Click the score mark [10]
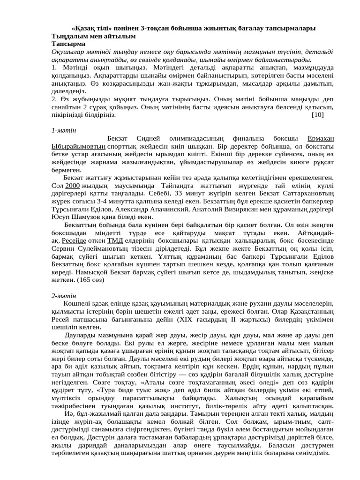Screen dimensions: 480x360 317,114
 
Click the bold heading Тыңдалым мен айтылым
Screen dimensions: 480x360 93,36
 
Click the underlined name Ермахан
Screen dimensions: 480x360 321,139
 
